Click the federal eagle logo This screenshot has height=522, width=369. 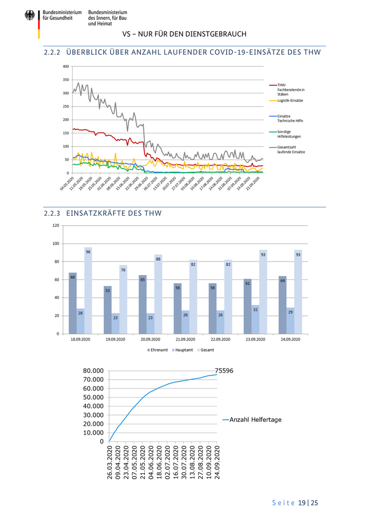[30, 16]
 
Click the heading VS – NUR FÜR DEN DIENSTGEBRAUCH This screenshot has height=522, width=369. [184, 34]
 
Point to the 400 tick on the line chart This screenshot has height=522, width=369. [65, 66]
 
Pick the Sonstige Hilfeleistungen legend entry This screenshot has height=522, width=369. [288, 134]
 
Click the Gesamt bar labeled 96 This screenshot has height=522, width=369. [88, 291]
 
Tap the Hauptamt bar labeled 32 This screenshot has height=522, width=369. [255, 320]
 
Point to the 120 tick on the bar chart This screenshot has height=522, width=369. [55, 226]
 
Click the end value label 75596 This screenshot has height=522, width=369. [224, 371]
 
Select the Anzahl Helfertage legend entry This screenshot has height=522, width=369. [255, 420]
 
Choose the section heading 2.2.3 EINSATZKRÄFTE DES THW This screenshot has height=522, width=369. [103, 214]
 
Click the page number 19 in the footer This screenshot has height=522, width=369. [303, 503]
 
